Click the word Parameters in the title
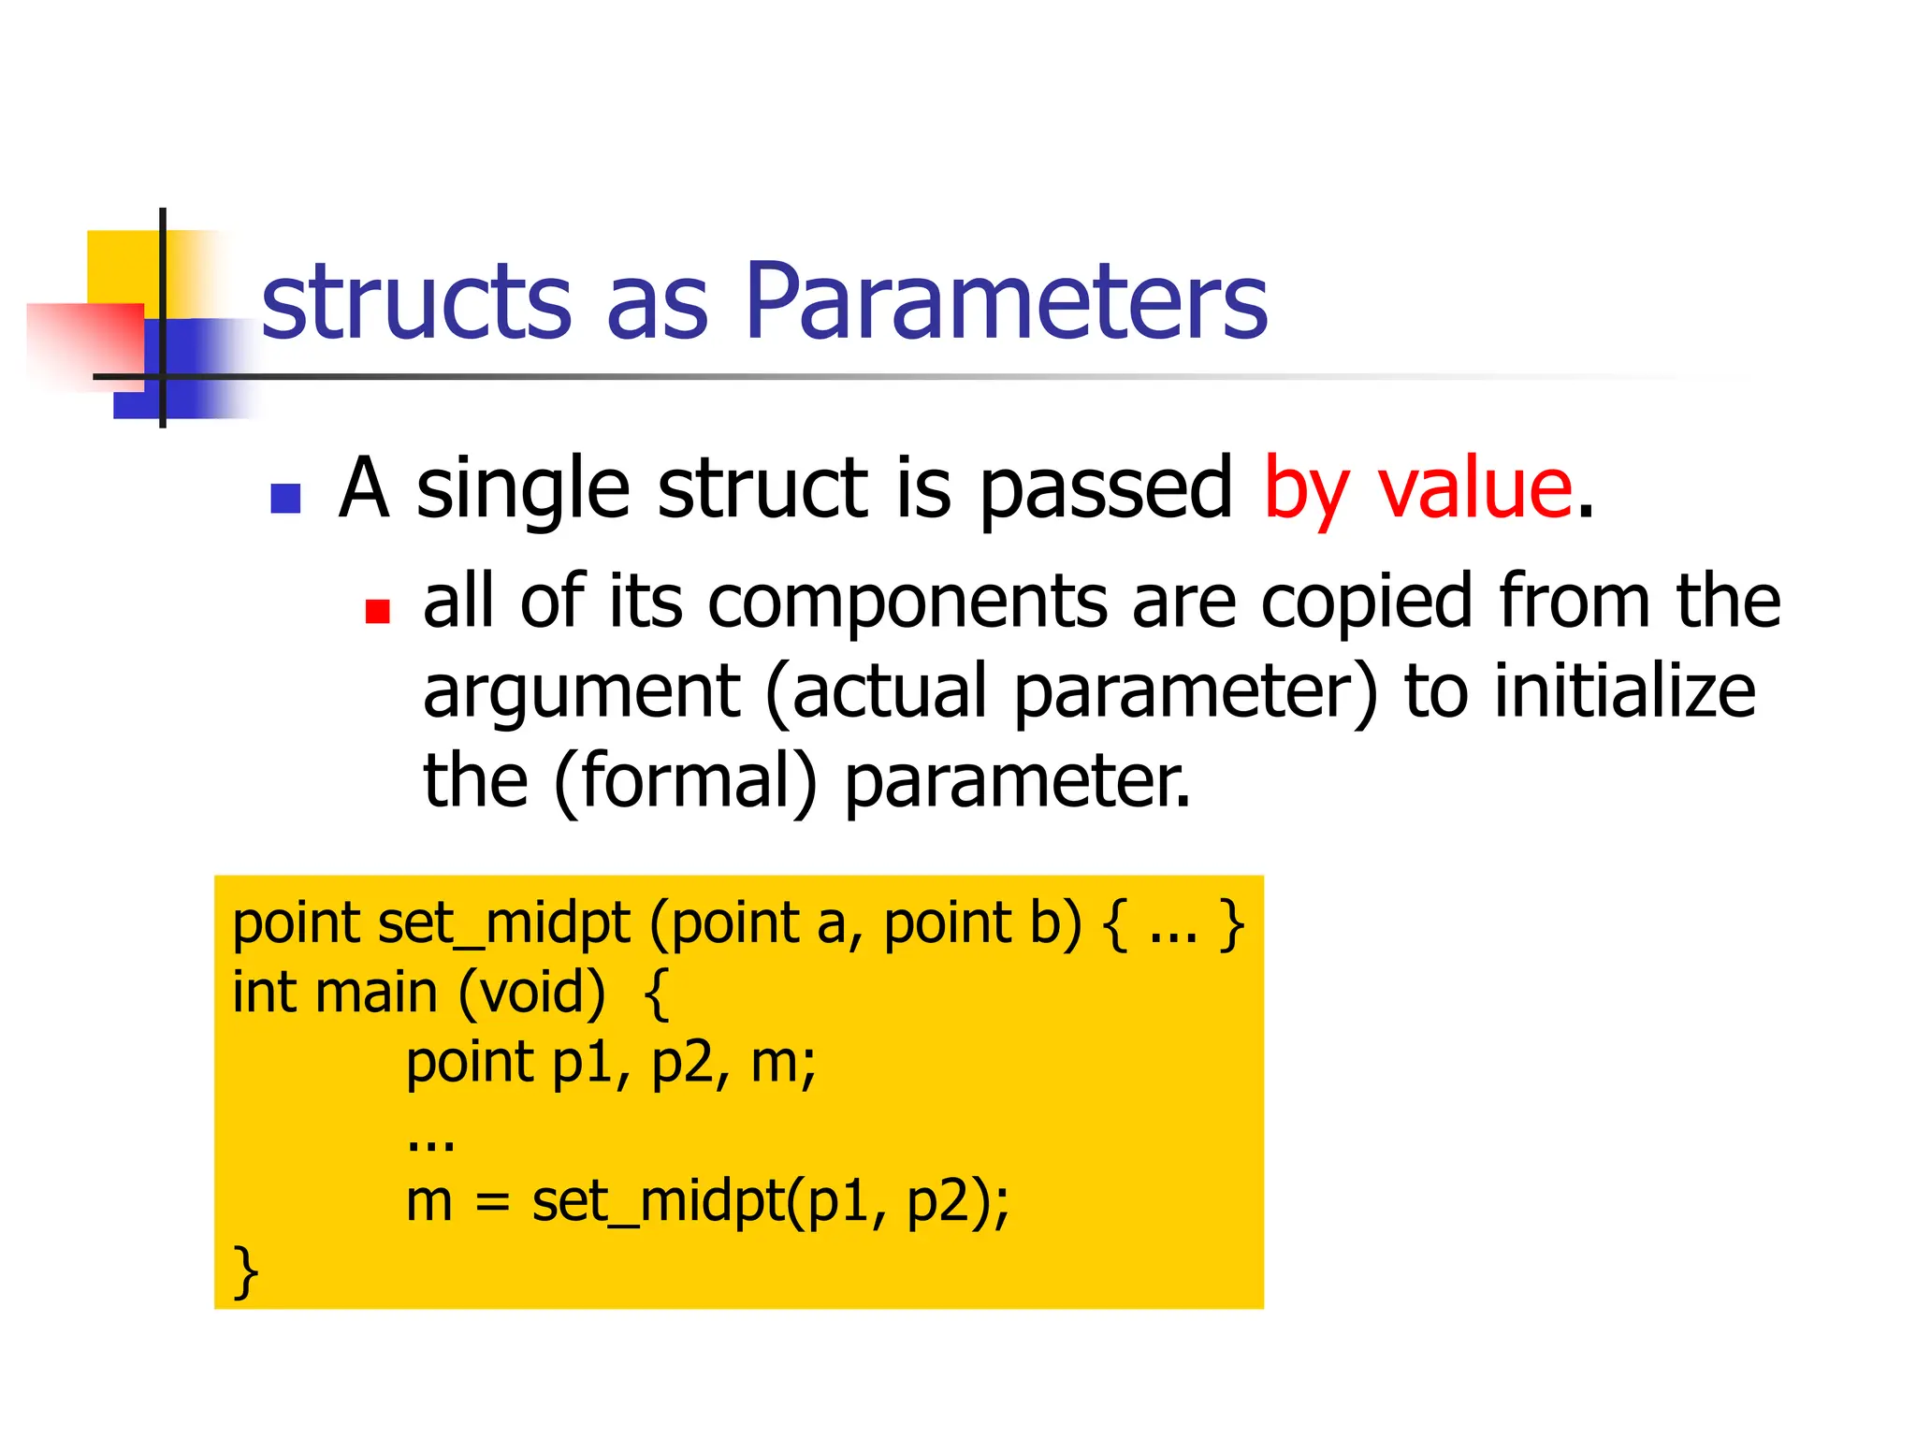click(1007, 301)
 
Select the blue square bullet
click(285, 499)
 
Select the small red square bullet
click(377, 611)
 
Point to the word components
click(907, 603)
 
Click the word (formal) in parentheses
click(685, 781)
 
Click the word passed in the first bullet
click(1106, 489)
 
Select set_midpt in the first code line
click(503, 924)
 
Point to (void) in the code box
click(531, 993)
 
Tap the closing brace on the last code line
click(245, 1271)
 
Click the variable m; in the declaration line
click(784, 1064)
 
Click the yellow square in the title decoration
click(123, 267)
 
